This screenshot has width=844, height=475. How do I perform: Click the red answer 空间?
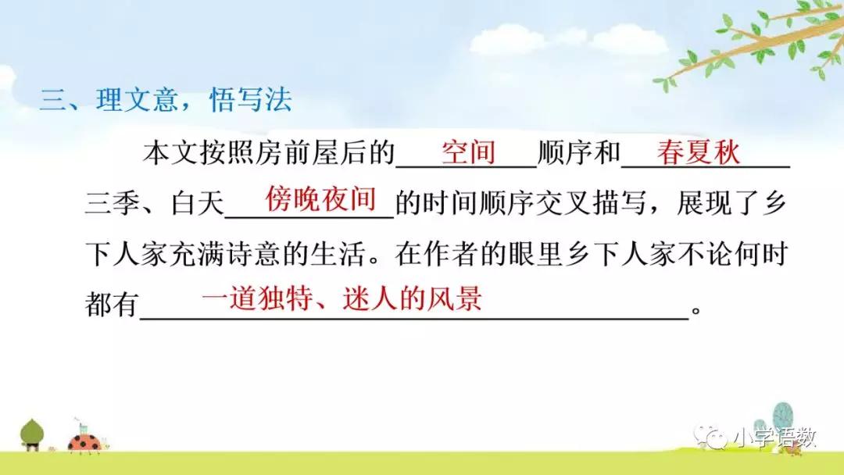(x=468, y=152)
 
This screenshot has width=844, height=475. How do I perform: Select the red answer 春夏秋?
(x=698, y=152)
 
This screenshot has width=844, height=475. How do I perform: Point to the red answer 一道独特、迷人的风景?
(x=342, y=299)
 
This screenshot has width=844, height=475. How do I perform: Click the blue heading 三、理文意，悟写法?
(x=166, y=102)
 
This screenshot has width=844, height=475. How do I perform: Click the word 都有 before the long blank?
(x=111, y=305)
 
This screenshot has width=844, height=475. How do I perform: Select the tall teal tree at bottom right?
(x=782, y=419)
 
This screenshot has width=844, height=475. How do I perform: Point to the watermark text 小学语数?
(x=774, y=438)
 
